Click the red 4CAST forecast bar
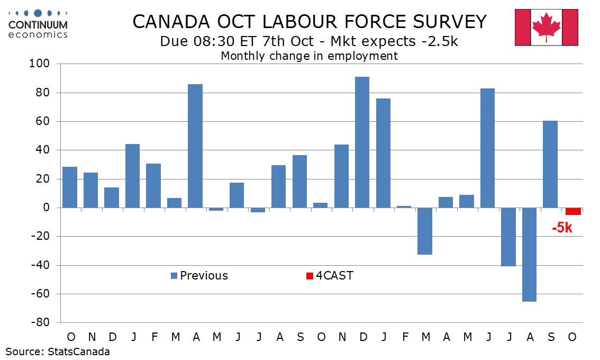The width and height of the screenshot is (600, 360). click(x=573, y=211)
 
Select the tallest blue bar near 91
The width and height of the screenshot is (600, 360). click(x=362, y=142)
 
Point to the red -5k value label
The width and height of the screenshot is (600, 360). click(x=562, y=229)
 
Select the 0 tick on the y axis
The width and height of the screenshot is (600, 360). click(x=46, y=208)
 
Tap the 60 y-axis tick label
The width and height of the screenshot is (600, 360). click(x=42, y=122)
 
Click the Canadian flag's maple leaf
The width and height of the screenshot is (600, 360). click(x=547, y=26)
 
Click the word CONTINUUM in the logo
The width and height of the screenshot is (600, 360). click(x=38, y=25)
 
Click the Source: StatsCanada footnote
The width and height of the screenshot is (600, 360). click(x=58, y=351)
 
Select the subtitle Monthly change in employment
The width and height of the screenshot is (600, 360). click(x=309, y=56)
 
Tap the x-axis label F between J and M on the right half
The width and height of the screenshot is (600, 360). click(x=405, y=337)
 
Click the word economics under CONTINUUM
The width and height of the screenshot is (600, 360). click(x=38, y=34)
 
